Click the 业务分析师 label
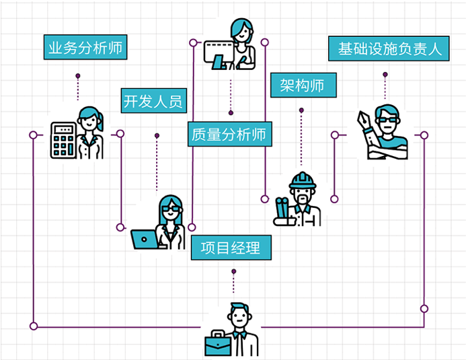84,48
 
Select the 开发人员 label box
153,102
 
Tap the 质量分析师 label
229,134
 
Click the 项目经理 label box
231,247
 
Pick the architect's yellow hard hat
302,180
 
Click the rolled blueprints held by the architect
282,211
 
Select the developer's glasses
171,211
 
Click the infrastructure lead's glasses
387,120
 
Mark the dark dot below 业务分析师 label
78,75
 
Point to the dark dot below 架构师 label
301,110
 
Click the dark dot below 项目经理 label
233,271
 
